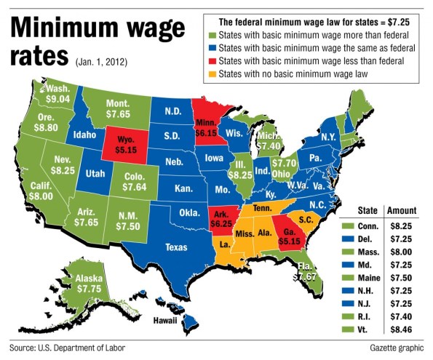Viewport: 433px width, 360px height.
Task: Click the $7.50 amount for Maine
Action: coord(399,270)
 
